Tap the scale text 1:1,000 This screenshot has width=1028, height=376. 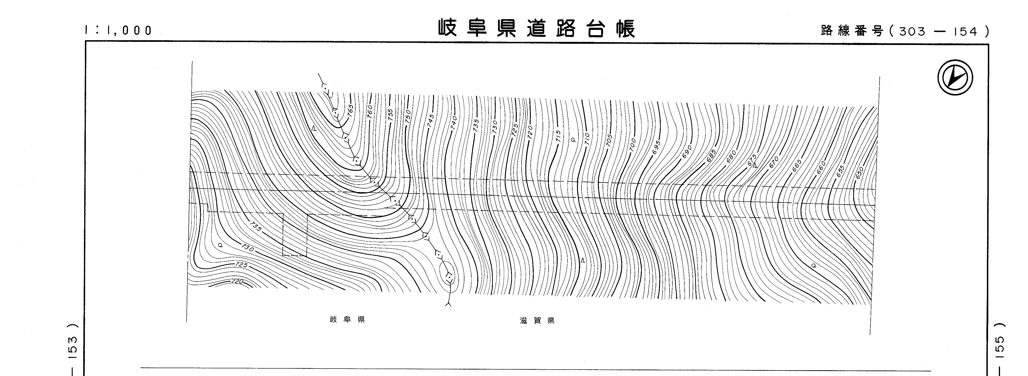pos(119,30)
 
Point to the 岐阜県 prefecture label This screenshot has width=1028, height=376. pos(347,320)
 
